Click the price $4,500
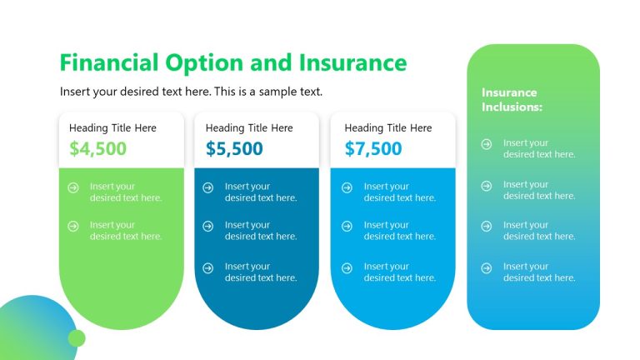97,149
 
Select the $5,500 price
234,149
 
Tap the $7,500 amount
372,149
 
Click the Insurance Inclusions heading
512,100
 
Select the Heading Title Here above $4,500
112,128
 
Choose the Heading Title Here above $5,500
249,128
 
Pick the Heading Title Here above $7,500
387,128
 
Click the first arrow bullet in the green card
73,187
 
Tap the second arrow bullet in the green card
73,226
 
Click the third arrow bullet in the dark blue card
208,267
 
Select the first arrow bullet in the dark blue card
208,187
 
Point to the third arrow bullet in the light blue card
347,267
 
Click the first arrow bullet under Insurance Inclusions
487,144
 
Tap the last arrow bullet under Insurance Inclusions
487,267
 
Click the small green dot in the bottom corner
77,337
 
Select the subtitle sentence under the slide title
191,92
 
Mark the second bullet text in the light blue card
399,231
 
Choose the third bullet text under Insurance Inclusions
539,231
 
